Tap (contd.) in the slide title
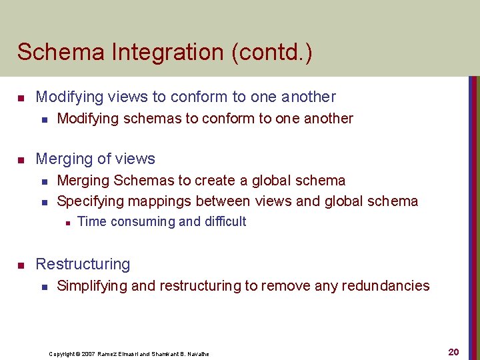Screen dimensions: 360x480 point(272,52)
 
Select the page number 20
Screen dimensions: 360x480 point(453,352)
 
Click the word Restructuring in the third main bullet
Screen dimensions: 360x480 point(83,264)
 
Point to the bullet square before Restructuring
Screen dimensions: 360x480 point(21,265)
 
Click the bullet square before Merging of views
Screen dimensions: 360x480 point(21,160)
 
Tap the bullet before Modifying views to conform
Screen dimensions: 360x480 point(21,98)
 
